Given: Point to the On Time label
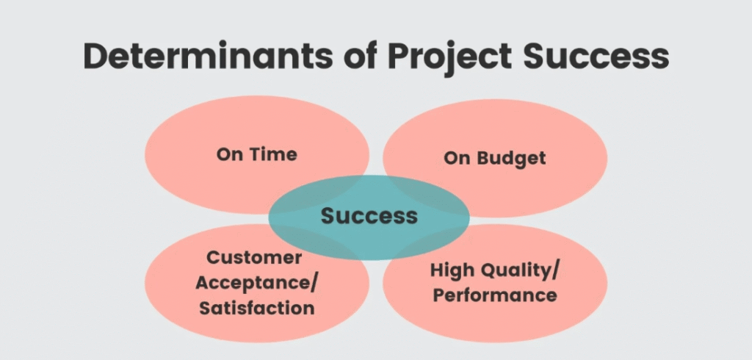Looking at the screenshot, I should point(257,154).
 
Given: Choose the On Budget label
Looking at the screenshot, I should point(495,158).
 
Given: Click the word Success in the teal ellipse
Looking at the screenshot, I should point(369,216).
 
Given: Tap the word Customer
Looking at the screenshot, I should point(254,258).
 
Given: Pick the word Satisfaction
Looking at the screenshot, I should point(257,307).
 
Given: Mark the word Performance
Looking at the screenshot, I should point(495,295).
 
